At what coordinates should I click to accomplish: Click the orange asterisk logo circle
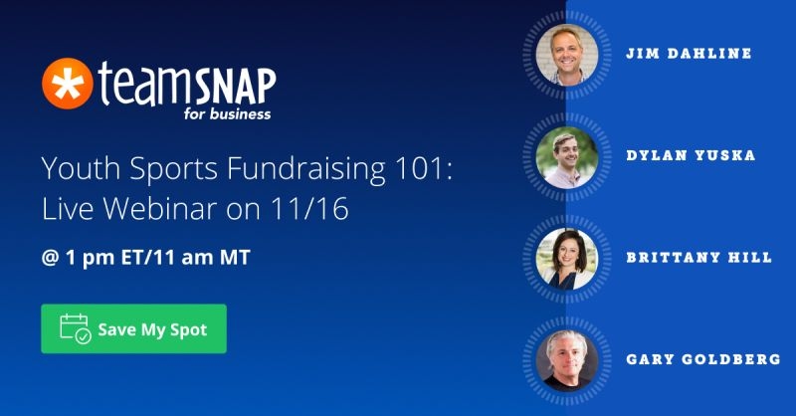pos(67,84)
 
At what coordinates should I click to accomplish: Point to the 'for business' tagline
pos(227,113)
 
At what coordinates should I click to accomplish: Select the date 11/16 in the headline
pos(309,208)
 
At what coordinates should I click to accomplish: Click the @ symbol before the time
pos(51,258)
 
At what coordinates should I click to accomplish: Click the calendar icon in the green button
pos(76,328)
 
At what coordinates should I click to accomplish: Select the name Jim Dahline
pos(689,54)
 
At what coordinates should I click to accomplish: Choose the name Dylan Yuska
pos(691,155)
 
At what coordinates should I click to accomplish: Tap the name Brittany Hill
pos(699,257)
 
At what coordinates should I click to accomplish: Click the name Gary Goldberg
pos(703,359)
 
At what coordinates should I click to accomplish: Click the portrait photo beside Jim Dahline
pos(567,55)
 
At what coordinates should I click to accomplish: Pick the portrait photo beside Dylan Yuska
pos(567,157)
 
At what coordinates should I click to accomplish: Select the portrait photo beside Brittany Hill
pos(567,259)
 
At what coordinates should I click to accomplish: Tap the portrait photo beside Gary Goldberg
pos(567,361)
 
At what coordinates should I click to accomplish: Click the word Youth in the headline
pos(81,168)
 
